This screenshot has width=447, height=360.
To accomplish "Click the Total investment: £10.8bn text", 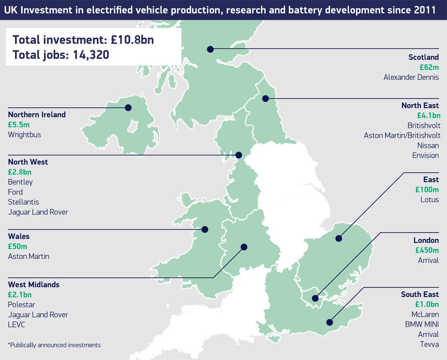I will [83, 39].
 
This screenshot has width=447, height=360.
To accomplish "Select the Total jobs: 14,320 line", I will [61, 55].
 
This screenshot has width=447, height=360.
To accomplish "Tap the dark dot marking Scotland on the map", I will [210, 49].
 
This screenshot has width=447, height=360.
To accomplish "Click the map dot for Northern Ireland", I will [128, 108].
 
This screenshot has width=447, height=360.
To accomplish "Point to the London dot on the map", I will [316, 298].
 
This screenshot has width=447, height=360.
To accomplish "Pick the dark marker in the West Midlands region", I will [244, 246].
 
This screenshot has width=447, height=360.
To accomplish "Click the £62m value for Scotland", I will [429, 67].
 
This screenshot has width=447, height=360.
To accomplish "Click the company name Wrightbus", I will [24, 134].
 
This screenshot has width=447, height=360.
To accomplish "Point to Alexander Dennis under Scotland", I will [411, 77].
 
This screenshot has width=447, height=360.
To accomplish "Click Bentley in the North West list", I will [20, 182].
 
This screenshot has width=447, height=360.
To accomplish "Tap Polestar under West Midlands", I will [22, 305].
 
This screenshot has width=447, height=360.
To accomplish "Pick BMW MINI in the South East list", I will [422, 324].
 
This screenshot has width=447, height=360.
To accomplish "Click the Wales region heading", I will [19, 236].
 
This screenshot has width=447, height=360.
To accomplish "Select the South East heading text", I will [420, 294].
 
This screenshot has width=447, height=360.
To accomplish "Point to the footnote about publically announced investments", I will [54, 345].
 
